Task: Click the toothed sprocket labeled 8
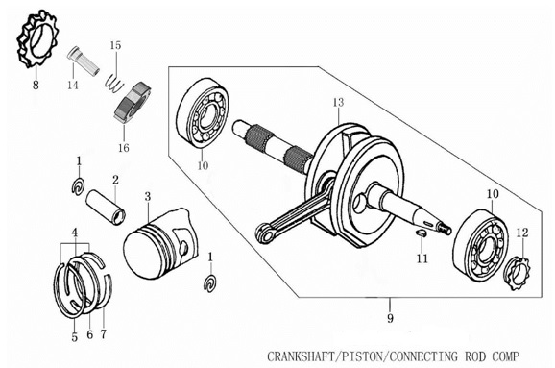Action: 36,41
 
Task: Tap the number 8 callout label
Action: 36,86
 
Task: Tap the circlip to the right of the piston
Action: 211,284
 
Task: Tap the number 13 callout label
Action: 337,103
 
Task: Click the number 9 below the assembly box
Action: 390,317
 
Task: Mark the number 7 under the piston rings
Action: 103,335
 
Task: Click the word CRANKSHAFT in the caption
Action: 308,355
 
